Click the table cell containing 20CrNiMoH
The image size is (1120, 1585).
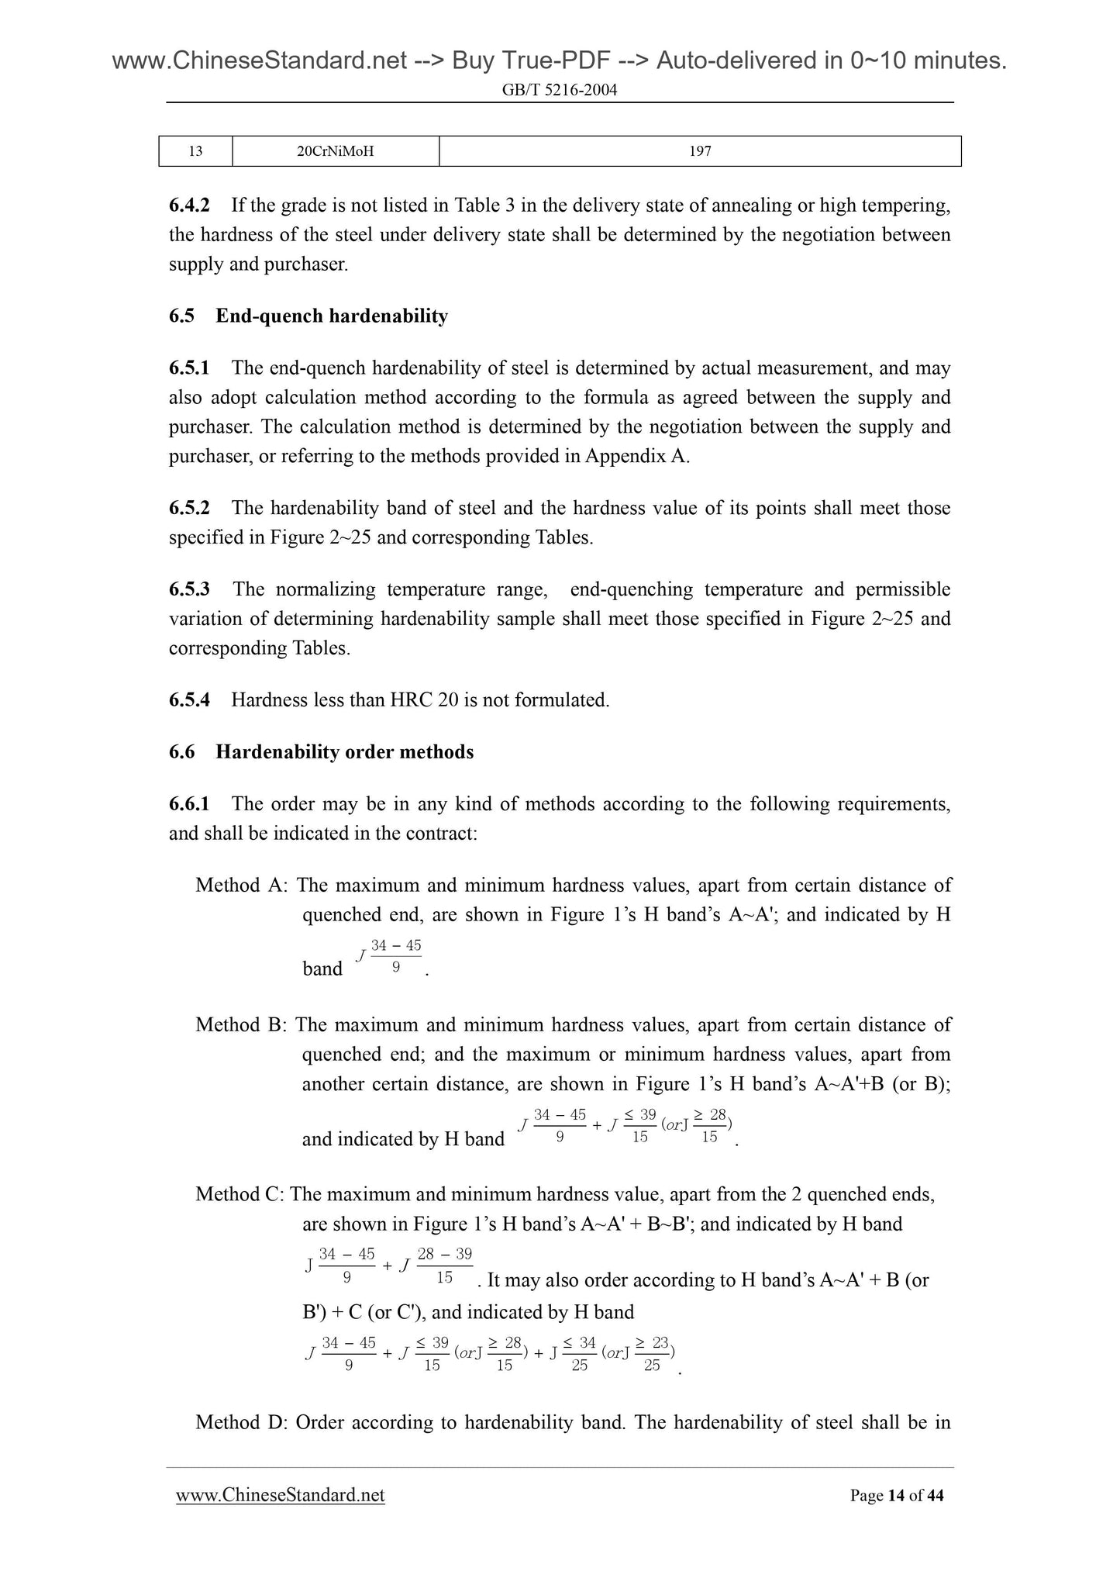click(x=335, y=151)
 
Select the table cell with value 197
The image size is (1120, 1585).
click(x=700, y=151)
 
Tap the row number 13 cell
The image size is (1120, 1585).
click(x=195, y=151)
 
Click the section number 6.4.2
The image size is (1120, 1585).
click(x=189, y=205)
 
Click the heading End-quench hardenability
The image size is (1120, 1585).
click(x=332, y=316)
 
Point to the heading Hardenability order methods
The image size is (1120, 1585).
click(x=344, y=752)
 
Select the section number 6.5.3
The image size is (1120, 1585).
click(x=189, y=589)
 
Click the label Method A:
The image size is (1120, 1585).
click(x=242, y=886)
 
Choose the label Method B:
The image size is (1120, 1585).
click(x=242, y=1025)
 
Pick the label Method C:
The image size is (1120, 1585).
click(x=240, y=1194)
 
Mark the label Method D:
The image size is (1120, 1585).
click(x=242, y=1422)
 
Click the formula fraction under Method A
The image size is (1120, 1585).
click(x=395, y=956)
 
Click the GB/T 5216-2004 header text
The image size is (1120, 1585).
click(x=560, y=90)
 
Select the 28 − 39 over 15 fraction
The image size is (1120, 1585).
click(x=444, y=1266)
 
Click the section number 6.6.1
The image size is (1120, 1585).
click(x=189, y=804)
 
